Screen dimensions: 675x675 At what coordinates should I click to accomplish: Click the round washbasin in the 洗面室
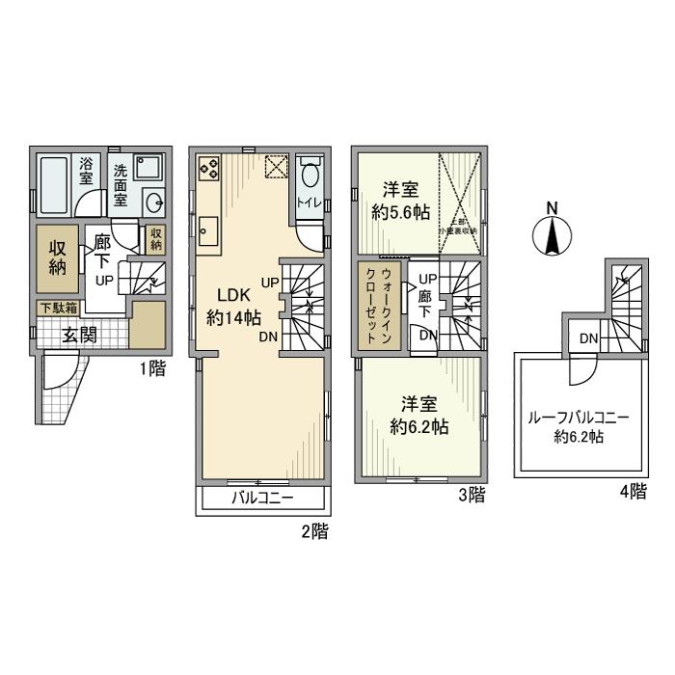click(152, 202)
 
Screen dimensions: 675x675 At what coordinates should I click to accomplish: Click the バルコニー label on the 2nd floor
click(262, 499)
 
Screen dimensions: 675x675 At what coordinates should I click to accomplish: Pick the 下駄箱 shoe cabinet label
click(58, 309)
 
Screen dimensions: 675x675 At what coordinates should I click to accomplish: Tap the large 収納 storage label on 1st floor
click(57, 256)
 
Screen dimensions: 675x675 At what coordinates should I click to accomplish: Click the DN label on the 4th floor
click(587, 338)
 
